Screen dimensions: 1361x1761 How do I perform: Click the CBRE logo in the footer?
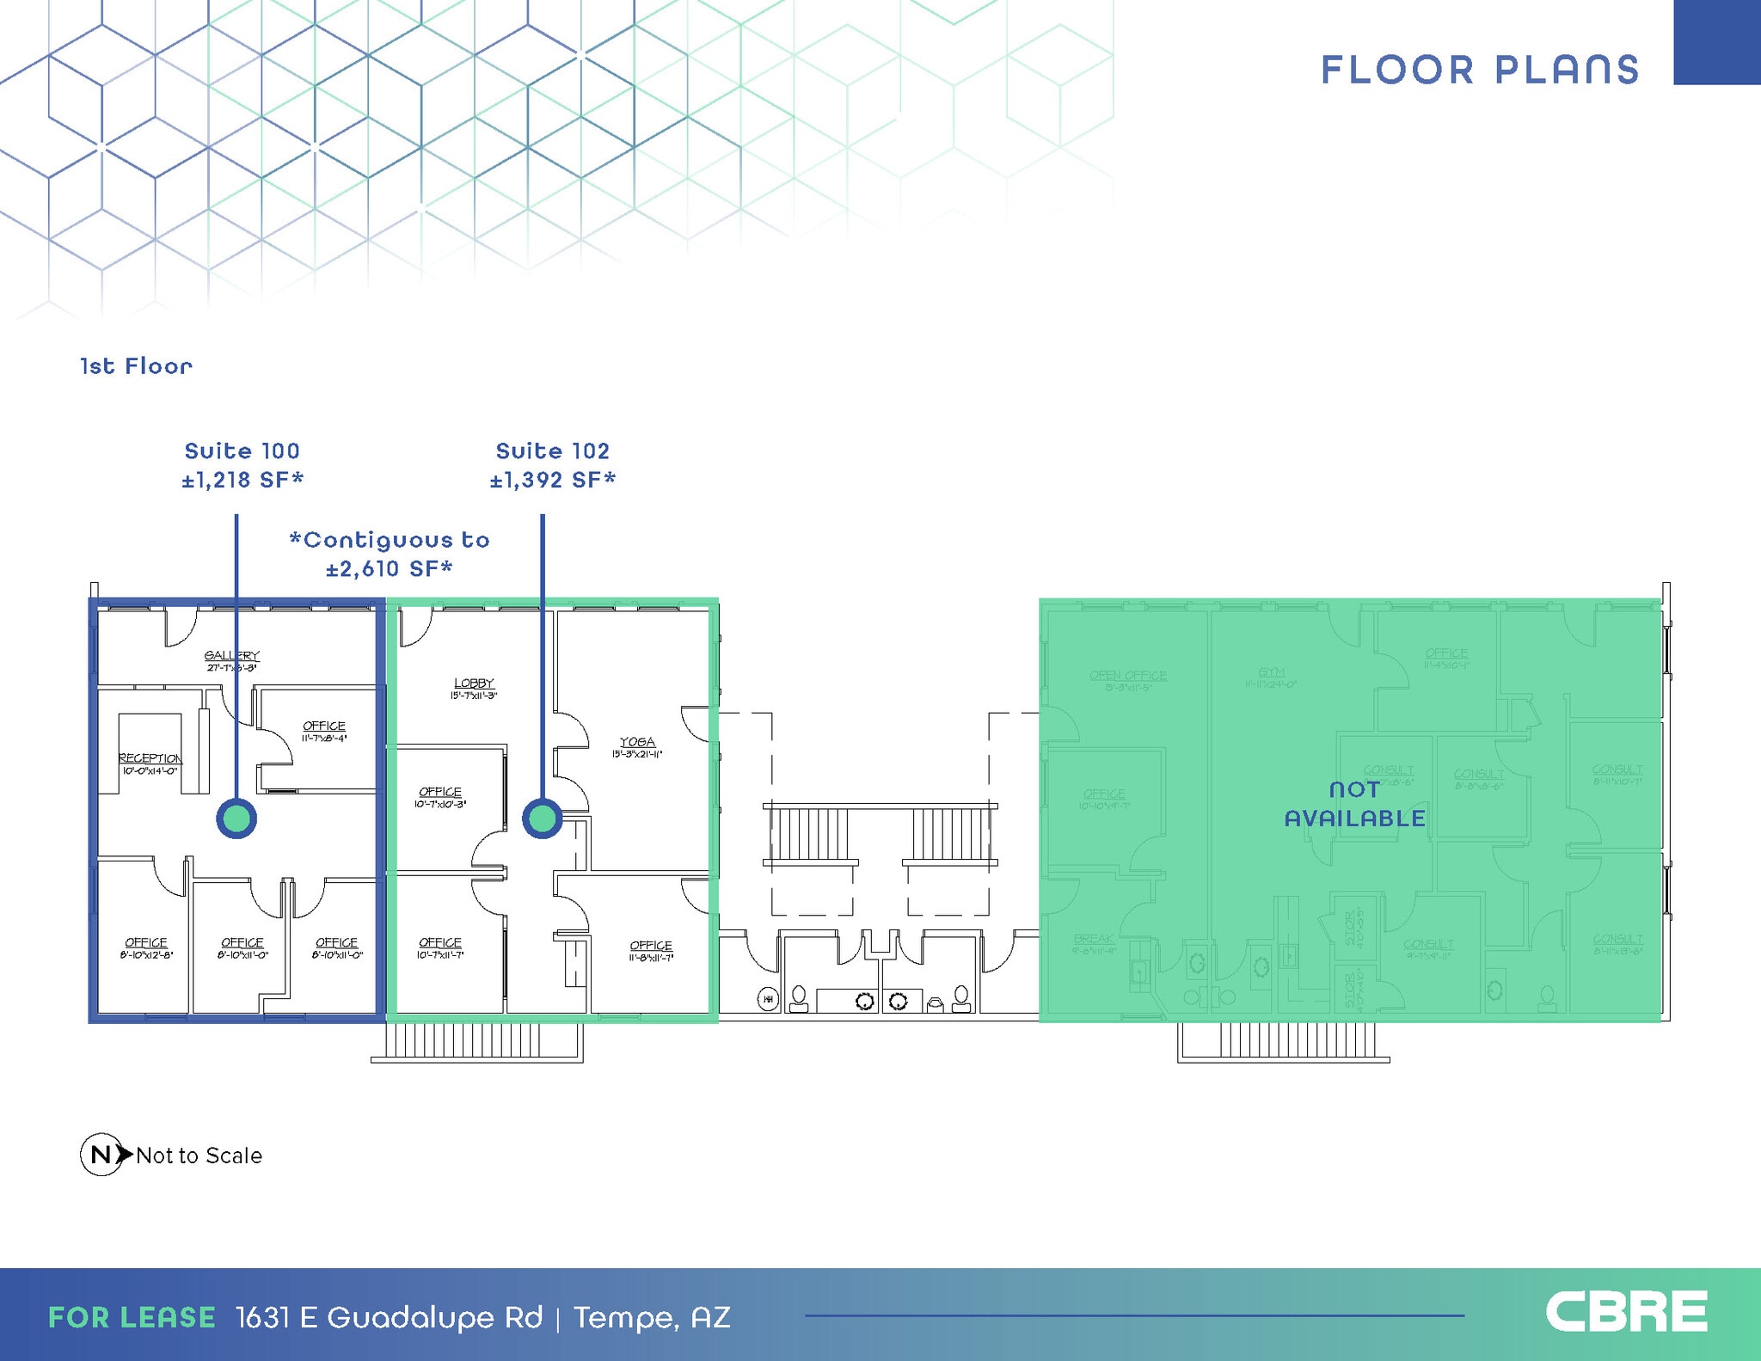click(1626, 1314)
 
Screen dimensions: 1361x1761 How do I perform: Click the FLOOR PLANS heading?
click(1479, 71)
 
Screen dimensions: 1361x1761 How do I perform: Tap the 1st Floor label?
click(136, 366)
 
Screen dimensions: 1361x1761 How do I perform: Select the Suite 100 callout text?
click(242, 451)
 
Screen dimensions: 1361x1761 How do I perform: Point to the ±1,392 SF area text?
click(553, 480)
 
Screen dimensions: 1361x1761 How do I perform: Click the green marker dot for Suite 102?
click(543, 818)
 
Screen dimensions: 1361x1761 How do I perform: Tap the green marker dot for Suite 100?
click(236, 818)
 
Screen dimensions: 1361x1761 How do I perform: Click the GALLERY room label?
click(232, 656)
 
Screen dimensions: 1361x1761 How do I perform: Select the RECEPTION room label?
click(150, 758)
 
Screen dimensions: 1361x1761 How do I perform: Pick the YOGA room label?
click(637, 742)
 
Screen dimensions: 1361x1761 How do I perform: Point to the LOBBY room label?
click(474, 684)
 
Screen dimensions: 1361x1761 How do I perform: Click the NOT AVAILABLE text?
click(1354, 804)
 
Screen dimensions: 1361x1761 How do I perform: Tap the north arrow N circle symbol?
click(101, 1155)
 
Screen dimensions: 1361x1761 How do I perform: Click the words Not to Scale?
click(199, 1156)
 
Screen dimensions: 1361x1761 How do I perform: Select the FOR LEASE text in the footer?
click(132, 1317)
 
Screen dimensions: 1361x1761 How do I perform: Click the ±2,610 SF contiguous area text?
click(390, 568)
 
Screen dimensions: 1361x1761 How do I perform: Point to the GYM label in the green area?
click(1272, 673)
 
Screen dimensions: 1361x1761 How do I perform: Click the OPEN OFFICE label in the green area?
click(1127, 676)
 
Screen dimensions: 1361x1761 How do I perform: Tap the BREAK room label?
click(1094, 940)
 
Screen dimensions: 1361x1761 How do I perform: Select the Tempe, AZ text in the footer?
click(652, 1317)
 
